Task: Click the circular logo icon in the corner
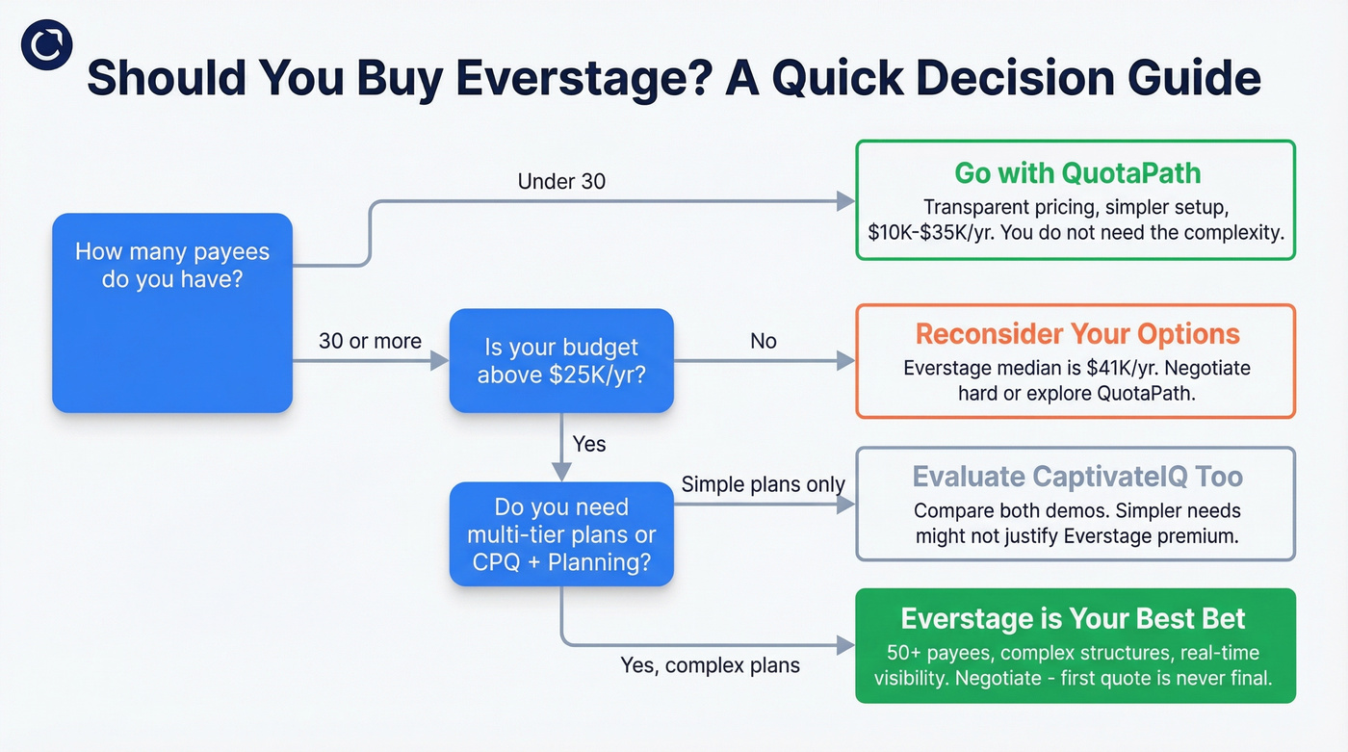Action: pos(46,45)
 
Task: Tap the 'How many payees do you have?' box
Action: pos(172,312)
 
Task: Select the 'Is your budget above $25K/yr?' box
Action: pos(561,361)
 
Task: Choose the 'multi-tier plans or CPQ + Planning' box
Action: pos(561,534)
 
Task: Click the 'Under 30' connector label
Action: pos(561,181)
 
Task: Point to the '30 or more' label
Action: pos(370,341)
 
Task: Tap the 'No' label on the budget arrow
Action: pos(763,341)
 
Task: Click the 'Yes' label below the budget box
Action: pos(588,444)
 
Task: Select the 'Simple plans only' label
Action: pos(763,485)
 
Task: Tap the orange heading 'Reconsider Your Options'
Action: pos(1076,334)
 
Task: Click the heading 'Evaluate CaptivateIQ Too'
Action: pos(1076,477)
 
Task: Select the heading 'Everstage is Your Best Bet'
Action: pos(1073,619)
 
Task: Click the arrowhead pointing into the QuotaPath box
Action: pos(845,200)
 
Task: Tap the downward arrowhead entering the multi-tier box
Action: pos(561,472)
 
